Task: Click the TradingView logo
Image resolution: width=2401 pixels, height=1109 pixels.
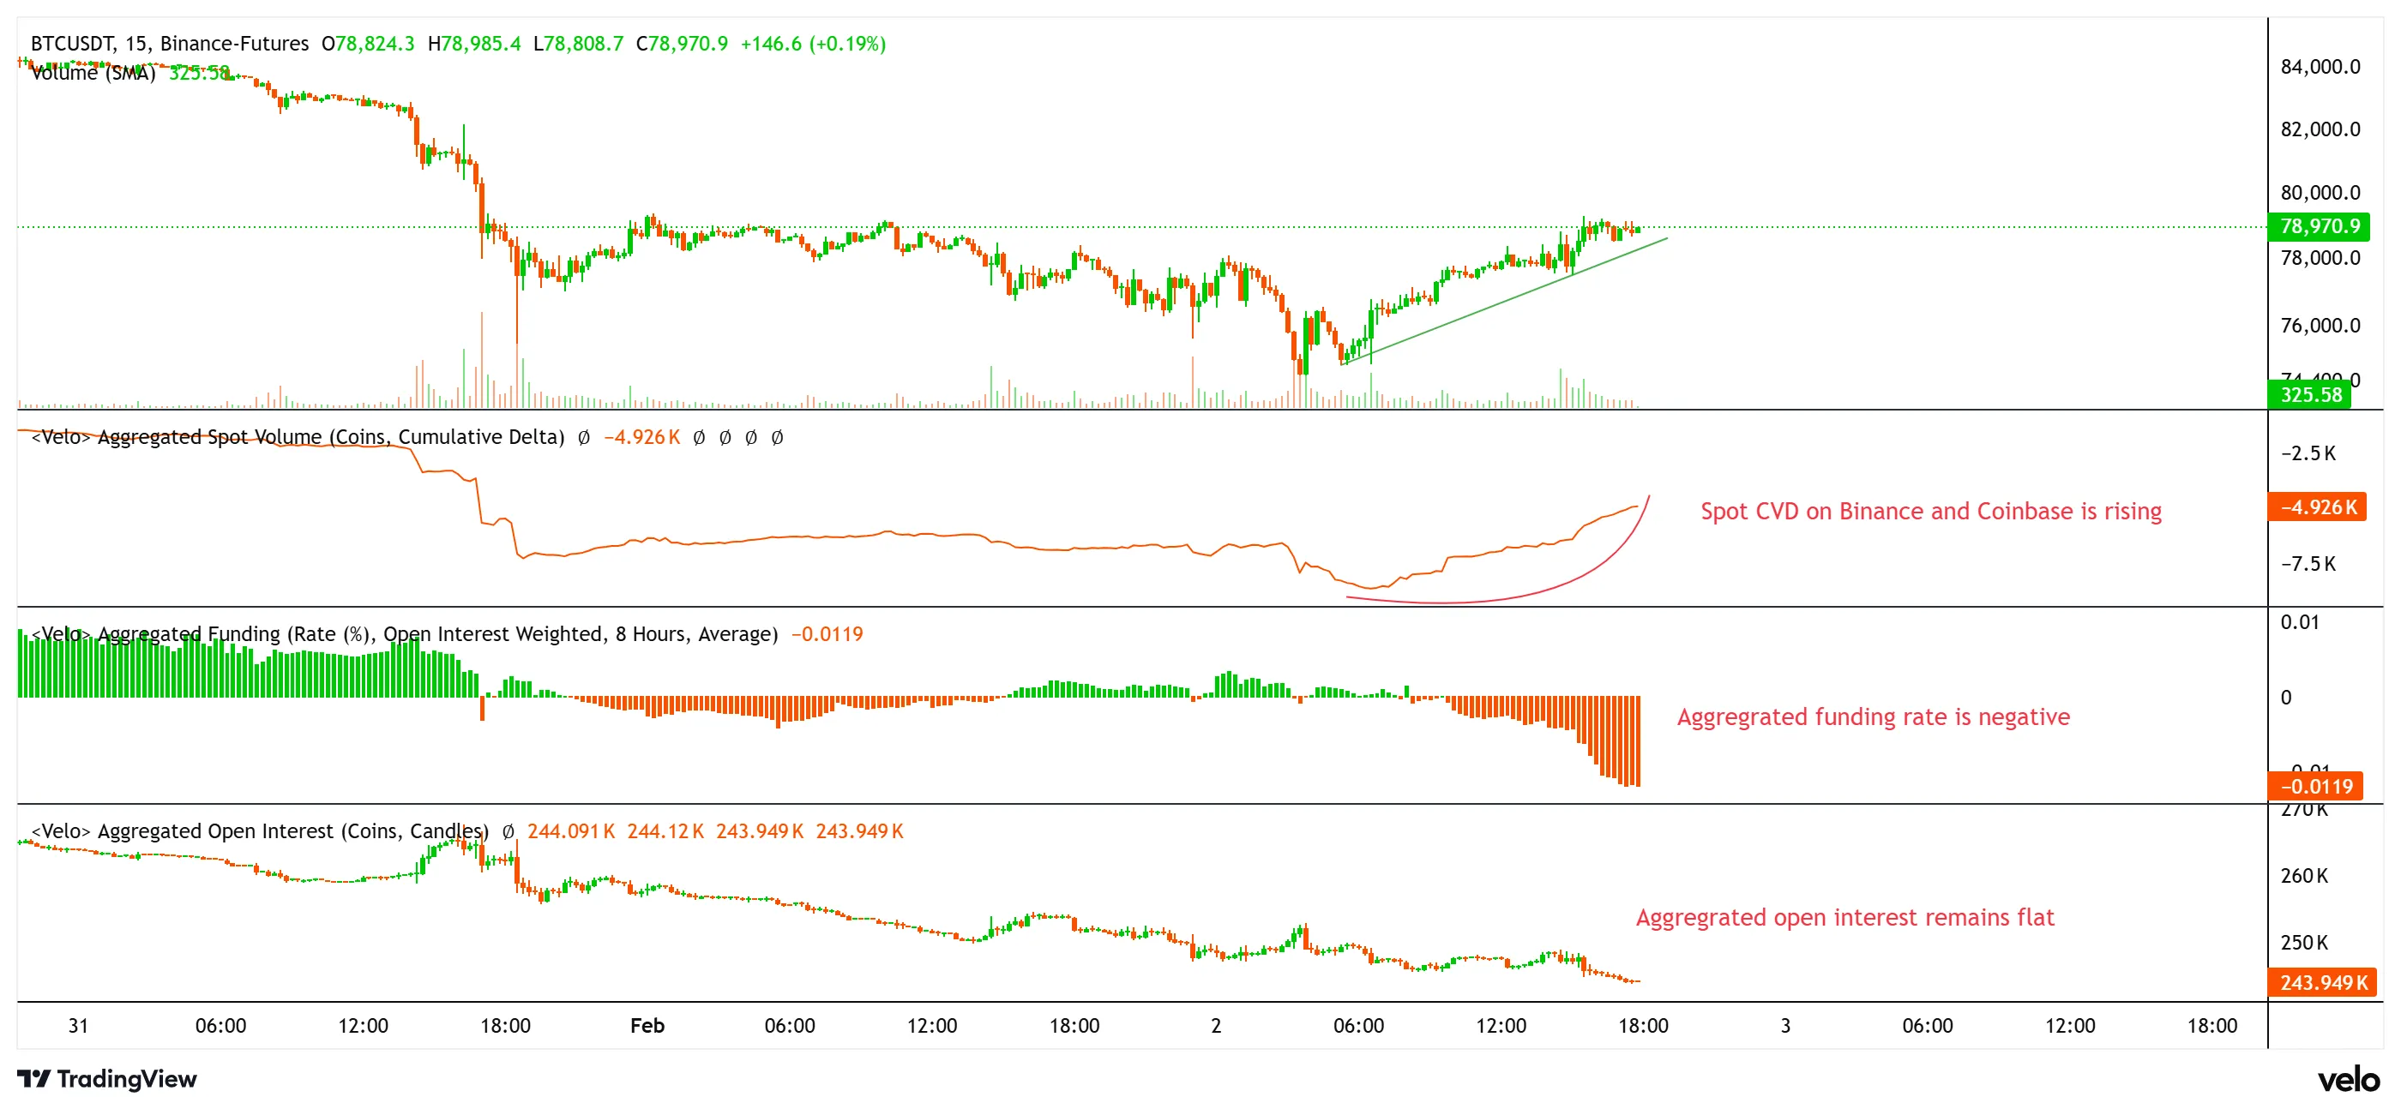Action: pos(106,1078)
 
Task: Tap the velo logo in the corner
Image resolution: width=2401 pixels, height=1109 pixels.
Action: pos(2348,1079)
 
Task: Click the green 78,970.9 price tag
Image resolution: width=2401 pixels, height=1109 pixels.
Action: pos(2319,226)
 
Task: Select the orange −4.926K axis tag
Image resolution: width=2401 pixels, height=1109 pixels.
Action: pos(2317,507)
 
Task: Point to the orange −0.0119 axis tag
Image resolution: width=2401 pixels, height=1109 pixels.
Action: pos(2315,786)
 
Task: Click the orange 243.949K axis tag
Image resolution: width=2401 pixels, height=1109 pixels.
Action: pos(2322,982)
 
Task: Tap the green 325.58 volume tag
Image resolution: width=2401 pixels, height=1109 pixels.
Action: pos(2309,394)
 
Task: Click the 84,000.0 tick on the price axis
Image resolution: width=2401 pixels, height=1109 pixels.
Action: pos(2320,66)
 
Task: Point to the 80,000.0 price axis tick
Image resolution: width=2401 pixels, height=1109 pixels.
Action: pos(2320,193)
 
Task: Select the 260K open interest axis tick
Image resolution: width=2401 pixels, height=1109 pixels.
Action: pos(2303,876)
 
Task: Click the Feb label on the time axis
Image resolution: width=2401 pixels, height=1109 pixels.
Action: pos(647,1025)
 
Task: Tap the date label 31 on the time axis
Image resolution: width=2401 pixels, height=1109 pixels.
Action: pos(78,1025)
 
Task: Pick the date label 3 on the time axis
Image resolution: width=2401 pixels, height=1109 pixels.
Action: pos(1785,1025)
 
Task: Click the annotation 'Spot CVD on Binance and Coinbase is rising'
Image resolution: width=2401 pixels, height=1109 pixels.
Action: pos(1930,511)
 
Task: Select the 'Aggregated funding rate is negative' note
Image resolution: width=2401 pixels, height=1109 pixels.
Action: pos(1873,716)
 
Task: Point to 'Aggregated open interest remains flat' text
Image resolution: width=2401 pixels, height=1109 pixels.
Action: pos(1844,917)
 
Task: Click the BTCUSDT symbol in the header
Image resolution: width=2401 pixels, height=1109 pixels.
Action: pos(73,43)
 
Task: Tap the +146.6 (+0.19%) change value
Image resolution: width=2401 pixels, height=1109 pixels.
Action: pos(813,43)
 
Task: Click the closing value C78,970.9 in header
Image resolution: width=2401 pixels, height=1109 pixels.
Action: pos(682,43)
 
